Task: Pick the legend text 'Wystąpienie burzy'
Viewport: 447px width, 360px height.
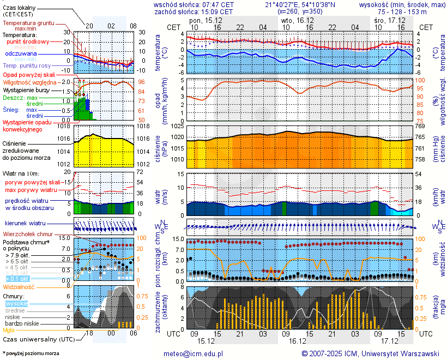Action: [28, 89]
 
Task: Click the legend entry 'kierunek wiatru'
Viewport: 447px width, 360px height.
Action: [26, 224]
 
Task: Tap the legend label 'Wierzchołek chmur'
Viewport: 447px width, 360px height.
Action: [28, 234]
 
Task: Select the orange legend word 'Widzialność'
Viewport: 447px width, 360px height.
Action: [19, 286]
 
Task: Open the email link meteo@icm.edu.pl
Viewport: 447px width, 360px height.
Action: [194, 353]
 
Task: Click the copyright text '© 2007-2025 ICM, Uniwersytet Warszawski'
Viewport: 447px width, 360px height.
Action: [370, 353]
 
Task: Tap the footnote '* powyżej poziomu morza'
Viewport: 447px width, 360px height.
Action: [31, 353]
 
